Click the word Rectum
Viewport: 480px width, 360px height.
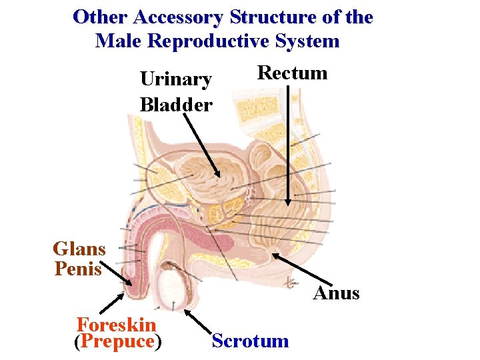click(x=292, y=73)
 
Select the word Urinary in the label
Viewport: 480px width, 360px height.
click(x=176, y=80)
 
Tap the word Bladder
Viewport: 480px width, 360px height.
click(x=176, y=104)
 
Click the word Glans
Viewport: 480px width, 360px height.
click(x=79, y=249)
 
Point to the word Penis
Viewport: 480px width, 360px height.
click(x=78, y=269)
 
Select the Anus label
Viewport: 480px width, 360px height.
click(x=336, y=293)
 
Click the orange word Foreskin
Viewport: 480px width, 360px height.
click(x=117, y=325)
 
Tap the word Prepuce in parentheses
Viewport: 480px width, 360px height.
click(x=117, y=341)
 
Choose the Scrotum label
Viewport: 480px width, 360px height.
click(x=250, y=341)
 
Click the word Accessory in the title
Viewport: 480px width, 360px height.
click(x=180, y=17)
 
